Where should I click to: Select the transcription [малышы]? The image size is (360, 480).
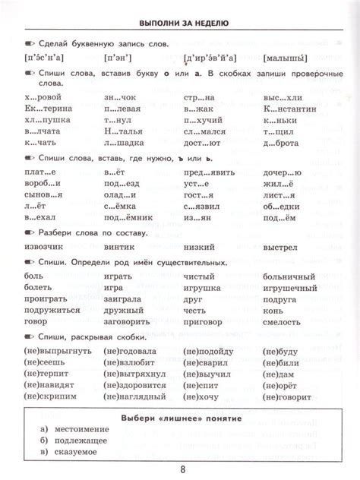pos(285,58)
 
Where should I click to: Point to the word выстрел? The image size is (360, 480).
pos(283,248)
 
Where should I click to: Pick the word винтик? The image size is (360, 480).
pos(119,248)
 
